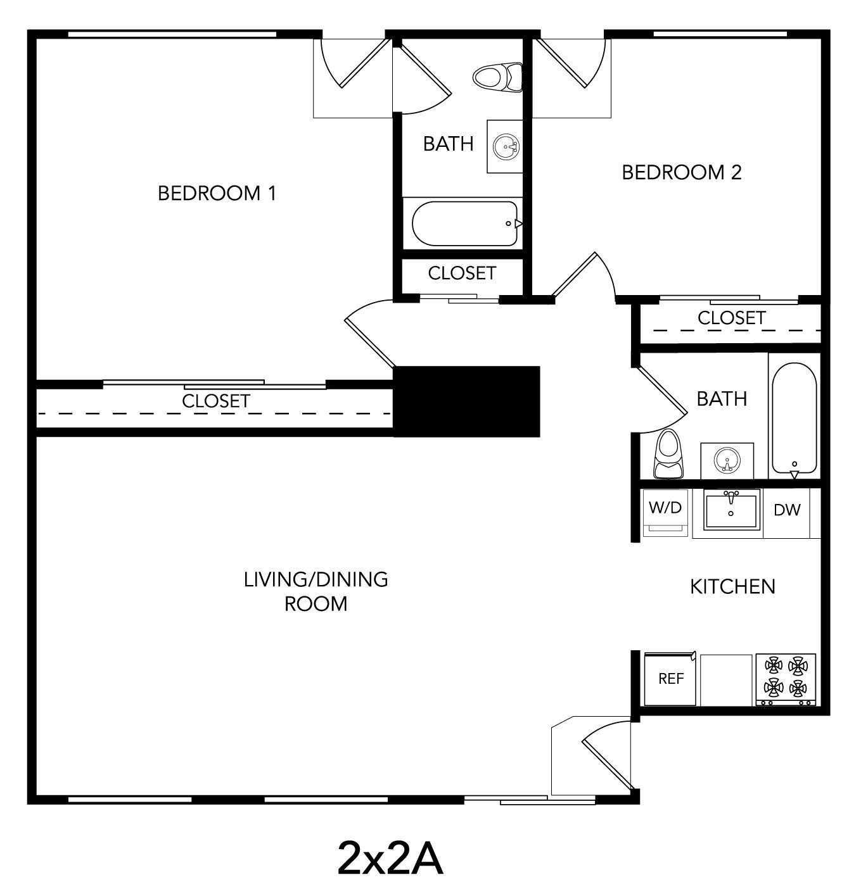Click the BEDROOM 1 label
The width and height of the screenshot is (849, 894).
click(x=217, y=192)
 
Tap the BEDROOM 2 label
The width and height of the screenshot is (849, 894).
click(x=681, y=172)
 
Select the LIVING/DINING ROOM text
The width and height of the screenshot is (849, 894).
click(x=316, y=591)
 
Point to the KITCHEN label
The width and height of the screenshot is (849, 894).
click(x=732, y=586)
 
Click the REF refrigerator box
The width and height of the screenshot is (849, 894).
click(x=670, y=679)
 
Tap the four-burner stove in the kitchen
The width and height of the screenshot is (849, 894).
click(x=786, y=679)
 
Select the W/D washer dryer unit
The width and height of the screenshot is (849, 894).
click(x=665, y=512)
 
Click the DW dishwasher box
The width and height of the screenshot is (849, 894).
click(x=787, y=510)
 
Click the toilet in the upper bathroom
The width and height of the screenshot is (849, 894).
click(x=498, y=77)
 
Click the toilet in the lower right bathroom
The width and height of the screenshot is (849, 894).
click(x=669, y=455)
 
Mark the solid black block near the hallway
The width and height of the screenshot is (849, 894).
click(x=467, y=401)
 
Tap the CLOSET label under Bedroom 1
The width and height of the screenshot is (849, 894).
click(x=216, y=401)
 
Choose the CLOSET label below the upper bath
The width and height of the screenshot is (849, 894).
click(x=462, y=273)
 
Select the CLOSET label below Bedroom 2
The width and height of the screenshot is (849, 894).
click(x=731, y=318)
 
